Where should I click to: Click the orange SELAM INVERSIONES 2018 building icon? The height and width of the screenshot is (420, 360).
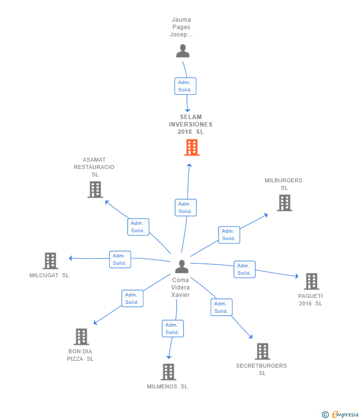tap(192, 147)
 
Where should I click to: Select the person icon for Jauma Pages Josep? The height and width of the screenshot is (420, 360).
tap(183, 51)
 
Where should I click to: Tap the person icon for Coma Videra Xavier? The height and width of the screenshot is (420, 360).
tap(182, 267)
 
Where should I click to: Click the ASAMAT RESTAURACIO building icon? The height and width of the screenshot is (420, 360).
tap(95, 189)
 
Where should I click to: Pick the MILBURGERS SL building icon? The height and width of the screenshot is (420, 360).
tap(284, 203)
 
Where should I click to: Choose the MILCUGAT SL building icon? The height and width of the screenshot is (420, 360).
tap(50, 260)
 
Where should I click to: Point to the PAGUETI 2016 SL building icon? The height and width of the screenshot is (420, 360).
tap(311, 281)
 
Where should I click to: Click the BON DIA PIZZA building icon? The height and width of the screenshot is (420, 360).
tap(81, 336)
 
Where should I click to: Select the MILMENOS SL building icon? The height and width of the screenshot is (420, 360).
tap(168, 372)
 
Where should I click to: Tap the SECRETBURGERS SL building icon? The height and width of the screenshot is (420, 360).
tap(262, 351)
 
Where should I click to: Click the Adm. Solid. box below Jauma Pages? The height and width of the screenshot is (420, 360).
tap(185, 86)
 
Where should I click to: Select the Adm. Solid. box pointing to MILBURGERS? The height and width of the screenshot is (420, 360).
tap(229, 235)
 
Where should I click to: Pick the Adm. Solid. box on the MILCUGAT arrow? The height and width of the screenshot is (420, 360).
tap(120, 259)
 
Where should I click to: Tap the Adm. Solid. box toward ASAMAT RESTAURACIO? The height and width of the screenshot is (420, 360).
tap(138, 227)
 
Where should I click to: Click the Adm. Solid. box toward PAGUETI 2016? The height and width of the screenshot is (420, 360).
tap(244, 269)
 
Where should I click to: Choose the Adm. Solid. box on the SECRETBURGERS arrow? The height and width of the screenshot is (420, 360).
tap(221, 307)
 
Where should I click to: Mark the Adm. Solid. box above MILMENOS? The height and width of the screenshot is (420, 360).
tap(173, 329)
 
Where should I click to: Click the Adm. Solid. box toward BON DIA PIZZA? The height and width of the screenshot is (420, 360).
tap(132, 298)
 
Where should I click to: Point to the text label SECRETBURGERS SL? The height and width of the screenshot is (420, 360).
tap(262, 369)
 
